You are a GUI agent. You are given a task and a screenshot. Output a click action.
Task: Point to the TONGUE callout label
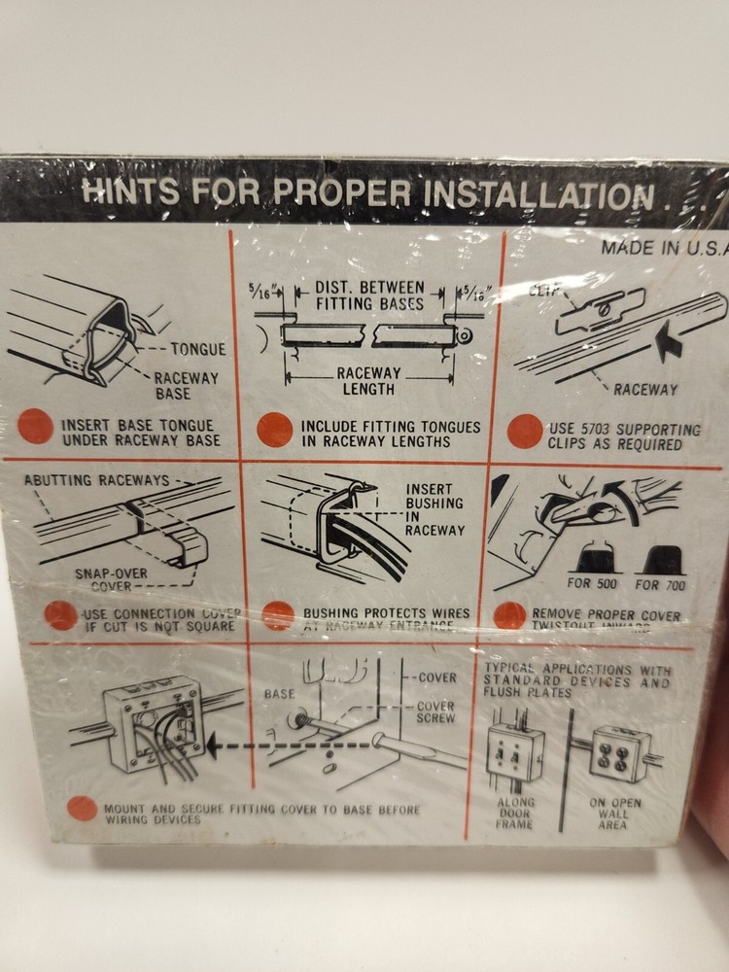tap(197, 349)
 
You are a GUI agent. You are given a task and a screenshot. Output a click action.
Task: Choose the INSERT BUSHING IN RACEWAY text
tap(434, 509)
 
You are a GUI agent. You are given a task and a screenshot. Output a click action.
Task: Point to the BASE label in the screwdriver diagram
tap(279, 696)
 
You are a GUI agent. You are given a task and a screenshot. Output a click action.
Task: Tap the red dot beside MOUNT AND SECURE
tap(83, 809)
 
